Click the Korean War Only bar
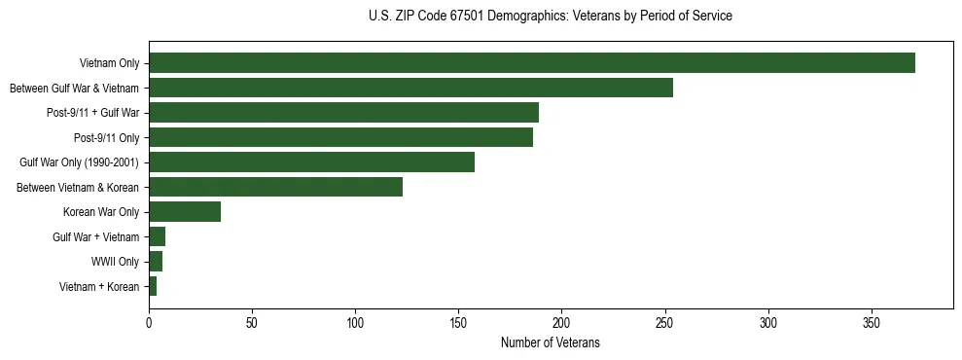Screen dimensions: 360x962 [185, 212]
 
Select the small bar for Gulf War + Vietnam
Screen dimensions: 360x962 [157, 236]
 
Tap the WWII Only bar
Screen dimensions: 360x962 [156, 262]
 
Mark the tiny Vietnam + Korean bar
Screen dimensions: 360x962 [153, 286]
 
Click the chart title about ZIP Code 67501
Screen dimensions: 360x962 [551, 17]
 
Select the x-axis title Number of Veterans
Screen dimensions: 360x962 [551, 343]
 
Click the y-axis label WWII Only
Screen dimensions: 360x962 [115, 262]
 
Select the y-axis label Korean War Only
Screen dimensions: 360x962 [101, 212]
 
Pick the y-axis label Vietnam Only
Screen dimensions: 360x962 [109, 63]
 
